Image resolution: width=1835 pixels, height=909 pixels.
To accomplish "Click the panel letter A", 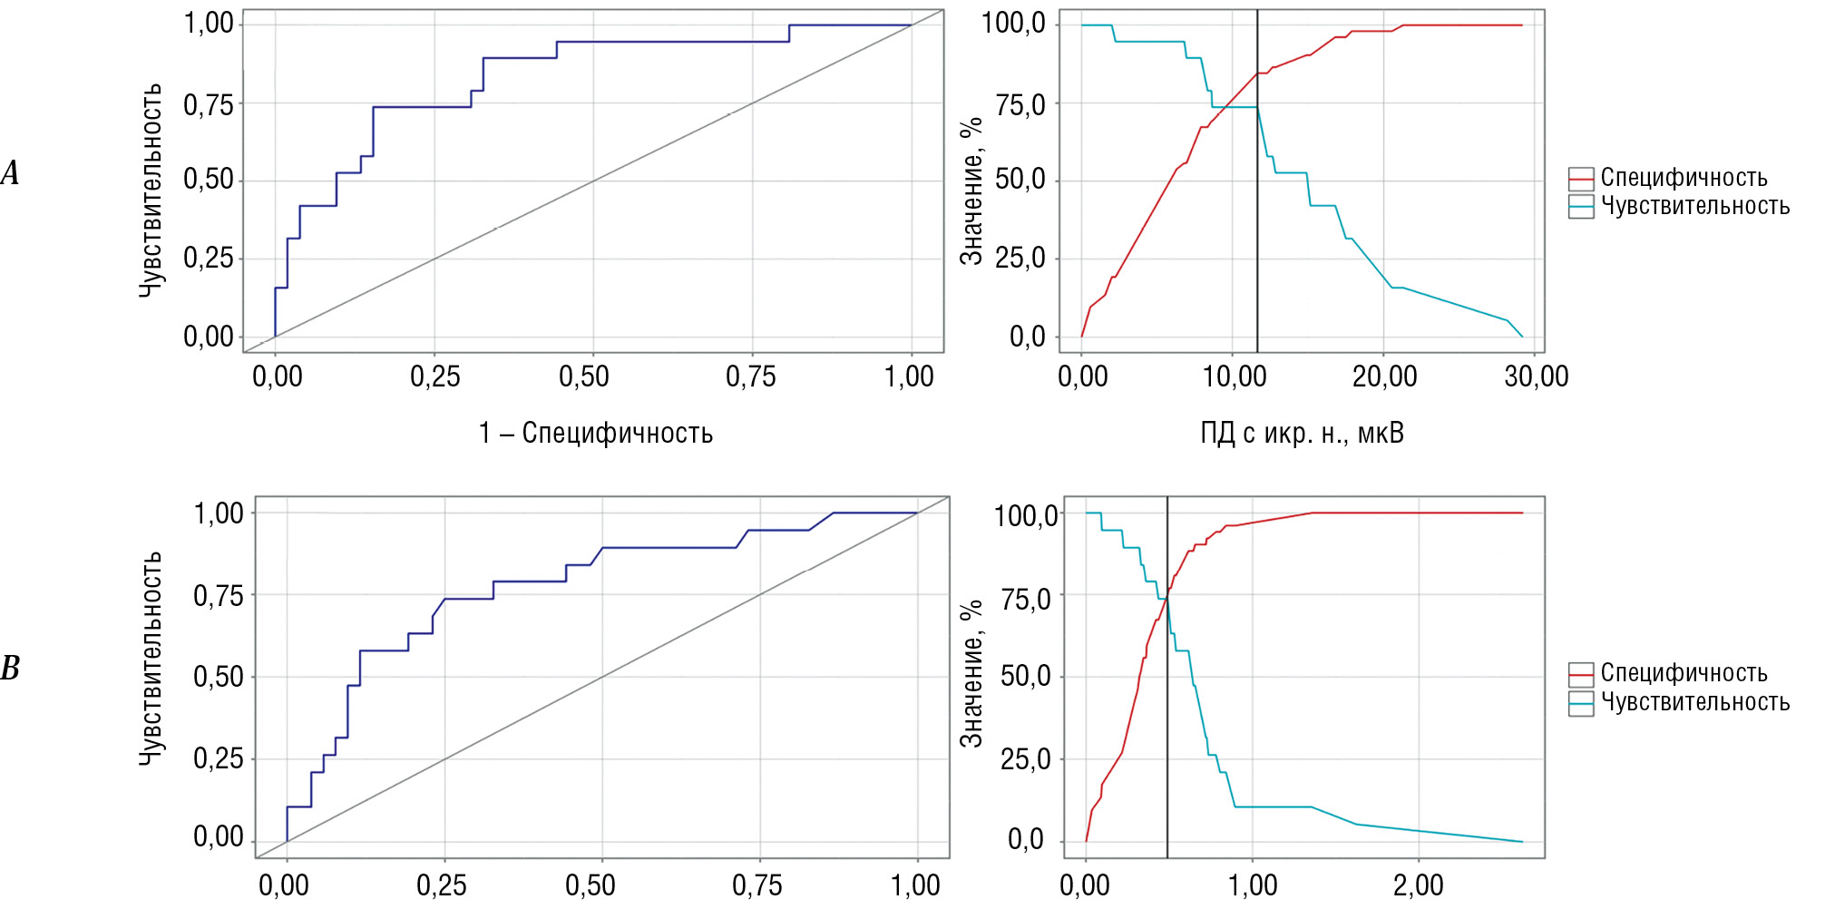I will (x=10, y=172).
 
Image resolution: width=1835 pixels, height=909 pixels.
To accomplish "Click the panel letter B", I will (x=10, y=669).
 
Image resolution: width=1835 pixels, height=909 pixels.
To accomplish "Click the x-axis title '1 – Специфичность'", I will (x=596, y=433).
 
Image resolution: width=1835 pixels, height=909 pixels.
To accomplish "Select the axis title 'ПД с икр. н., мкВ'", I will (x=1302, y=433).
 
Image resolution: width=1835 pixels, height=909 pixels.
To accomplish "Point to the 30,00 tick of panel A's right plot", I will (x=1536, y=376).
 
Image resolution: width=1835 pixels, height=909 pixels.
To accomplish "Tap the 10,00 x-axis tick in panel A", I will (x=1234, y=376).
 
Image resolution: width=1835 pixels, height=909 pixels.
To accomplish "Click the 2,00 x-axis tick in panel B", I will (x=1419, y=885).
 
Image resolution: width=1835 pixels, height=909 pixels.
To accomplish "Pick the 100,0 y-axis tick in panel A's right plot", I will (x=1014, y=23).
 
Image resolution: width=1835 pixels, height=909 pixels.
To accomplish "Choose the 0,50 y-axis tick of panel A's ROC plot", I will (x=209, y=179).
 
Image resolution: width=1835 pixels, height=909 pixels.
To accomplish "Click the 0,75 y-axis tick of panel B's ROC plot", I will (x=219, y=596).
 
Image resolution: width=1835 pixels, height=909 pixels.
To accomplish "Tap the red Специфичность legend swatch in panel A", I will (x=1581, y=179).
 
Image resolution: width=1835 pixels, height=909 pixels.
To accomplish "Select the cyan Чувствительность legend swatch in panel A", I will (x=1581, y=207).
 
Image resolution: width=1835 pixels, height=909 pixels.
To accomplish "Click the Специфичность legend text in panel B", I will (x=1684, y=673).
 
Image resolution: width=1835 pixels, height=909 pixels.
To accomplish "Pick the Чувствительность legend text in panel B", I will (x=1694, y=702).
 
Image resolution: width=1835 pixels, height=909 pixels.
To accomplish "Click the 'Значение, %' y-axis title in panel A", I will (x=971, y=191).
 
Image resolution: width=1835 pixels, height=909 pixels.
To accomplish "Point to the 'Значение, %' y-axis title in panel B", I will (x=971, y=672).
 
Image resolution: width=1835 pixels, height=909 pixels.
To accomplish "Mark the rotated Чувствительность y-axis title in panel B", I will (x=151, y=658).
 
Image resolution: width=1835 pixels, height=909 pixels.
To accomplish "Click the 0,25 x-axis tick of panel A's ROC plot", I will (x=435, y=376).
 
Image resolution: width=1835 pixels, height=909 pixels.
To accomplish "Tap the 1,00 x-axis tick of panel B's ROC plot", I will (x=915, y=885).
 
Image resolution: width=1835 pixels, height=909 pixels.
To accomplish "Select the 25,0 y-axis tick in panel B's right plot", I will (x=1025, y=758).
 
